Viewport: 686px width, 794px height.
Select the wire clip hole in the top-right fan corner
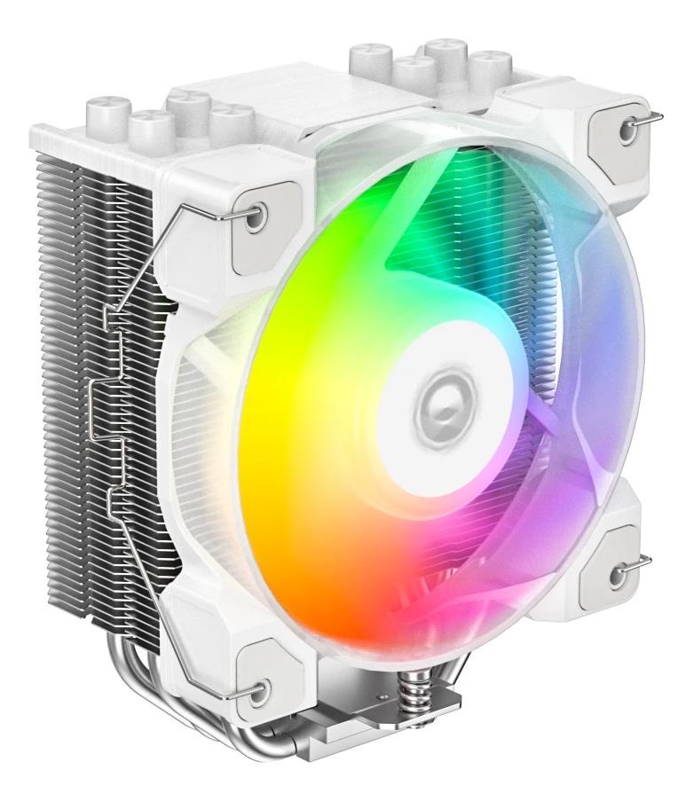tap(627, 129)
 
